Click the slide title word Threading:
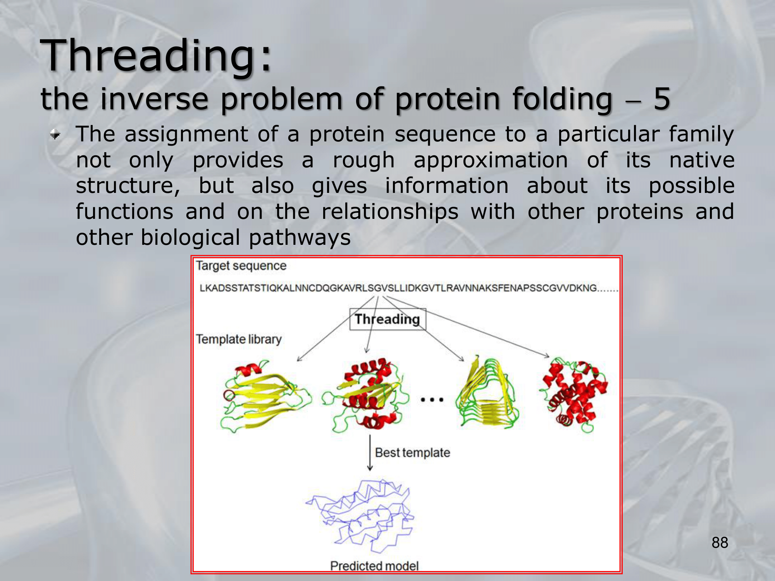(x=157, y=56)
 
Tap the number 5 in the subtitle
(x=662, y=99)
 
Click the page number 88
(x=720, y=543)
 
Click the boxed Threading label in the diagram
(x=387, y=319)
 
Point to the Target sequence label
(x=241, y=266)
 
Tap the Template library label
(x=239, y=339)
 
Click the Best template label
(x=412, y=452)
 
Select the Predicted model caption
(x=374, y=566)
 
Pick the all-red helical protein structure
(x=574, y=395)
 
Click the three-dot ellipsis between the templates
(x=432, y=399)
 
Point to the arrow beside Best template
(x=370, y=452)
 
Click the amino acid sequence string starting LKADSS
(x=408, y=288)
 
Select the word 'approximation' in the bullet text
(x=491, y=160)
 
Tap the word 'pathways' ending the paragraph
(x=300, y=237)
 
